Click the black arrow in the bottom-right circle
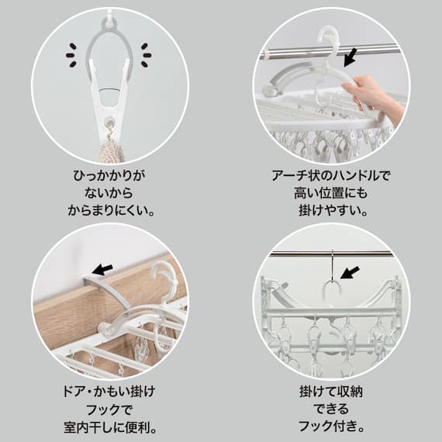[x=350, y=272]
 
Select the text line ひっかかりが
[x=109, y=176]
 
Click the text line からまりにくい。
[x=109, y=210]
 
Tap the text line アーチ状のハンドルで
[x=332, y=176]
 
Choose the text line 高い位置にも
[x=332, y=193]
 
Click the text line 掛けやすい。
[x=332, y=210]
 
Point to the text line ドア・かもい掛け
[x=110, y=392]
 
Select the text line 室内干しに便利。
[x=110, y=426]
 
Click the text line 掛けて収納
[x=332, y=392]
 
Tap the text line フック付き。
[x=332, y=426]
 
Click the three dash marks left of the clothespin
[x=72, y=54]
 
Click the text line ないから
[x=109, y=193]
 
